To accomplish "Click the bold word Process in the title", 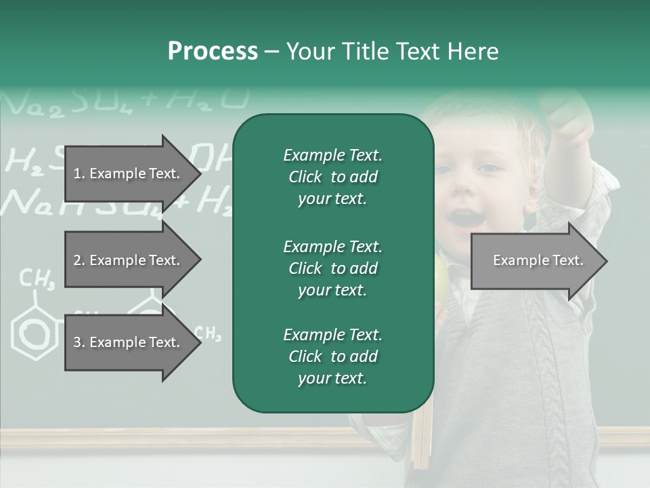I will [213, 52].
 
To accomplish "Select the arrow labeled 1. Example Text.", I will [129, 174].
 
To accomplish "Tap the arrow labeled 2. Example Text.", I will [129, 260].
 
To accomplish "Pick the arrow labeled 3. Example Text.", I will [129, 342].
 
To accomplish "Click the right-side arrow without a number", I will [535, 261].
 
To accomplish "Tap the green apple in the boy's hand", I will [441, 274].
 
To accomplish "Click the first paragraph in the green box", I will [332, 177].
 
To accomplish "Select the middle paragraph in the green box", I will [332, 268].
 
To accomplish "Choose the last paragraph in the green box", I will [332, 357].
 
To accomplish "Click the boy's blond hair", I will [467, 115].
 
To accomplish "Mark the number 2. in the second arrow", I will [79, 260].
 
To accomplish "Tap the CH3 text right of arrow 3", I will [208, 333].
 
